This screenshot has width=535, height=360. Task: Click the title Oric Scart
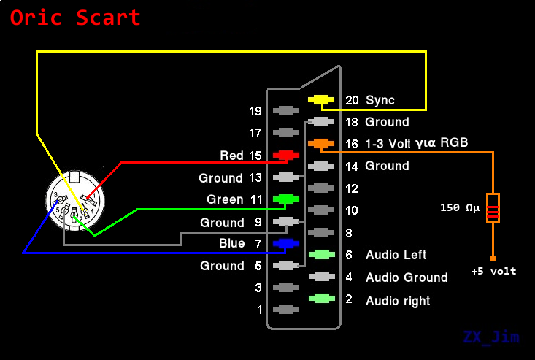pos(75,18)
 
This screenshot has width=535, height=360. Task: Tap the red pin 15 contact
pos(285,156)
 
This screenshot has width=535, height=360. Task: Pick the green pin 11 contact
pos(285,199)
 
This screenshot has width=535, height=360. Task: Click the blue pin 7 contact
pos(285,243)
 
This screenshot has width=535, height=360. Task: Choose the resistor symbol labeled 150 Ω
pos(493,207)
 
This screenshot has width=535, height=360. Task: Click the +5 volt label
pos(493,272)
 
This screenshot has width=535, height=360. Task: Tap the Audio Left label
pos(396,255)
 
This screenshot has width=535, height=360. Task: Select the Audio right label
pos(398,301)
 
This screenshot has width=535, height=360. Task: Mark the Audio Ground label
pos(407,277)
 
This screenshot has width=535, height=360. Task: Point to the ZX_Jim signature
pos(492,337)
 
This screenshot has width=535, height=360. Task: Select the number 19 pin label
pos(255,112)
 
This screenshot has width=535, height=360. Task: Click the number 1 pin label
pos(259,310)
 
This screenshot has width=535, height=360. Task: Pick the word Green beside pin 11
pos(225,199)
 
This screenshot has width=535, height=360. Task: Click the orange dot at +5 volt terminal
pos(493,258)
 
